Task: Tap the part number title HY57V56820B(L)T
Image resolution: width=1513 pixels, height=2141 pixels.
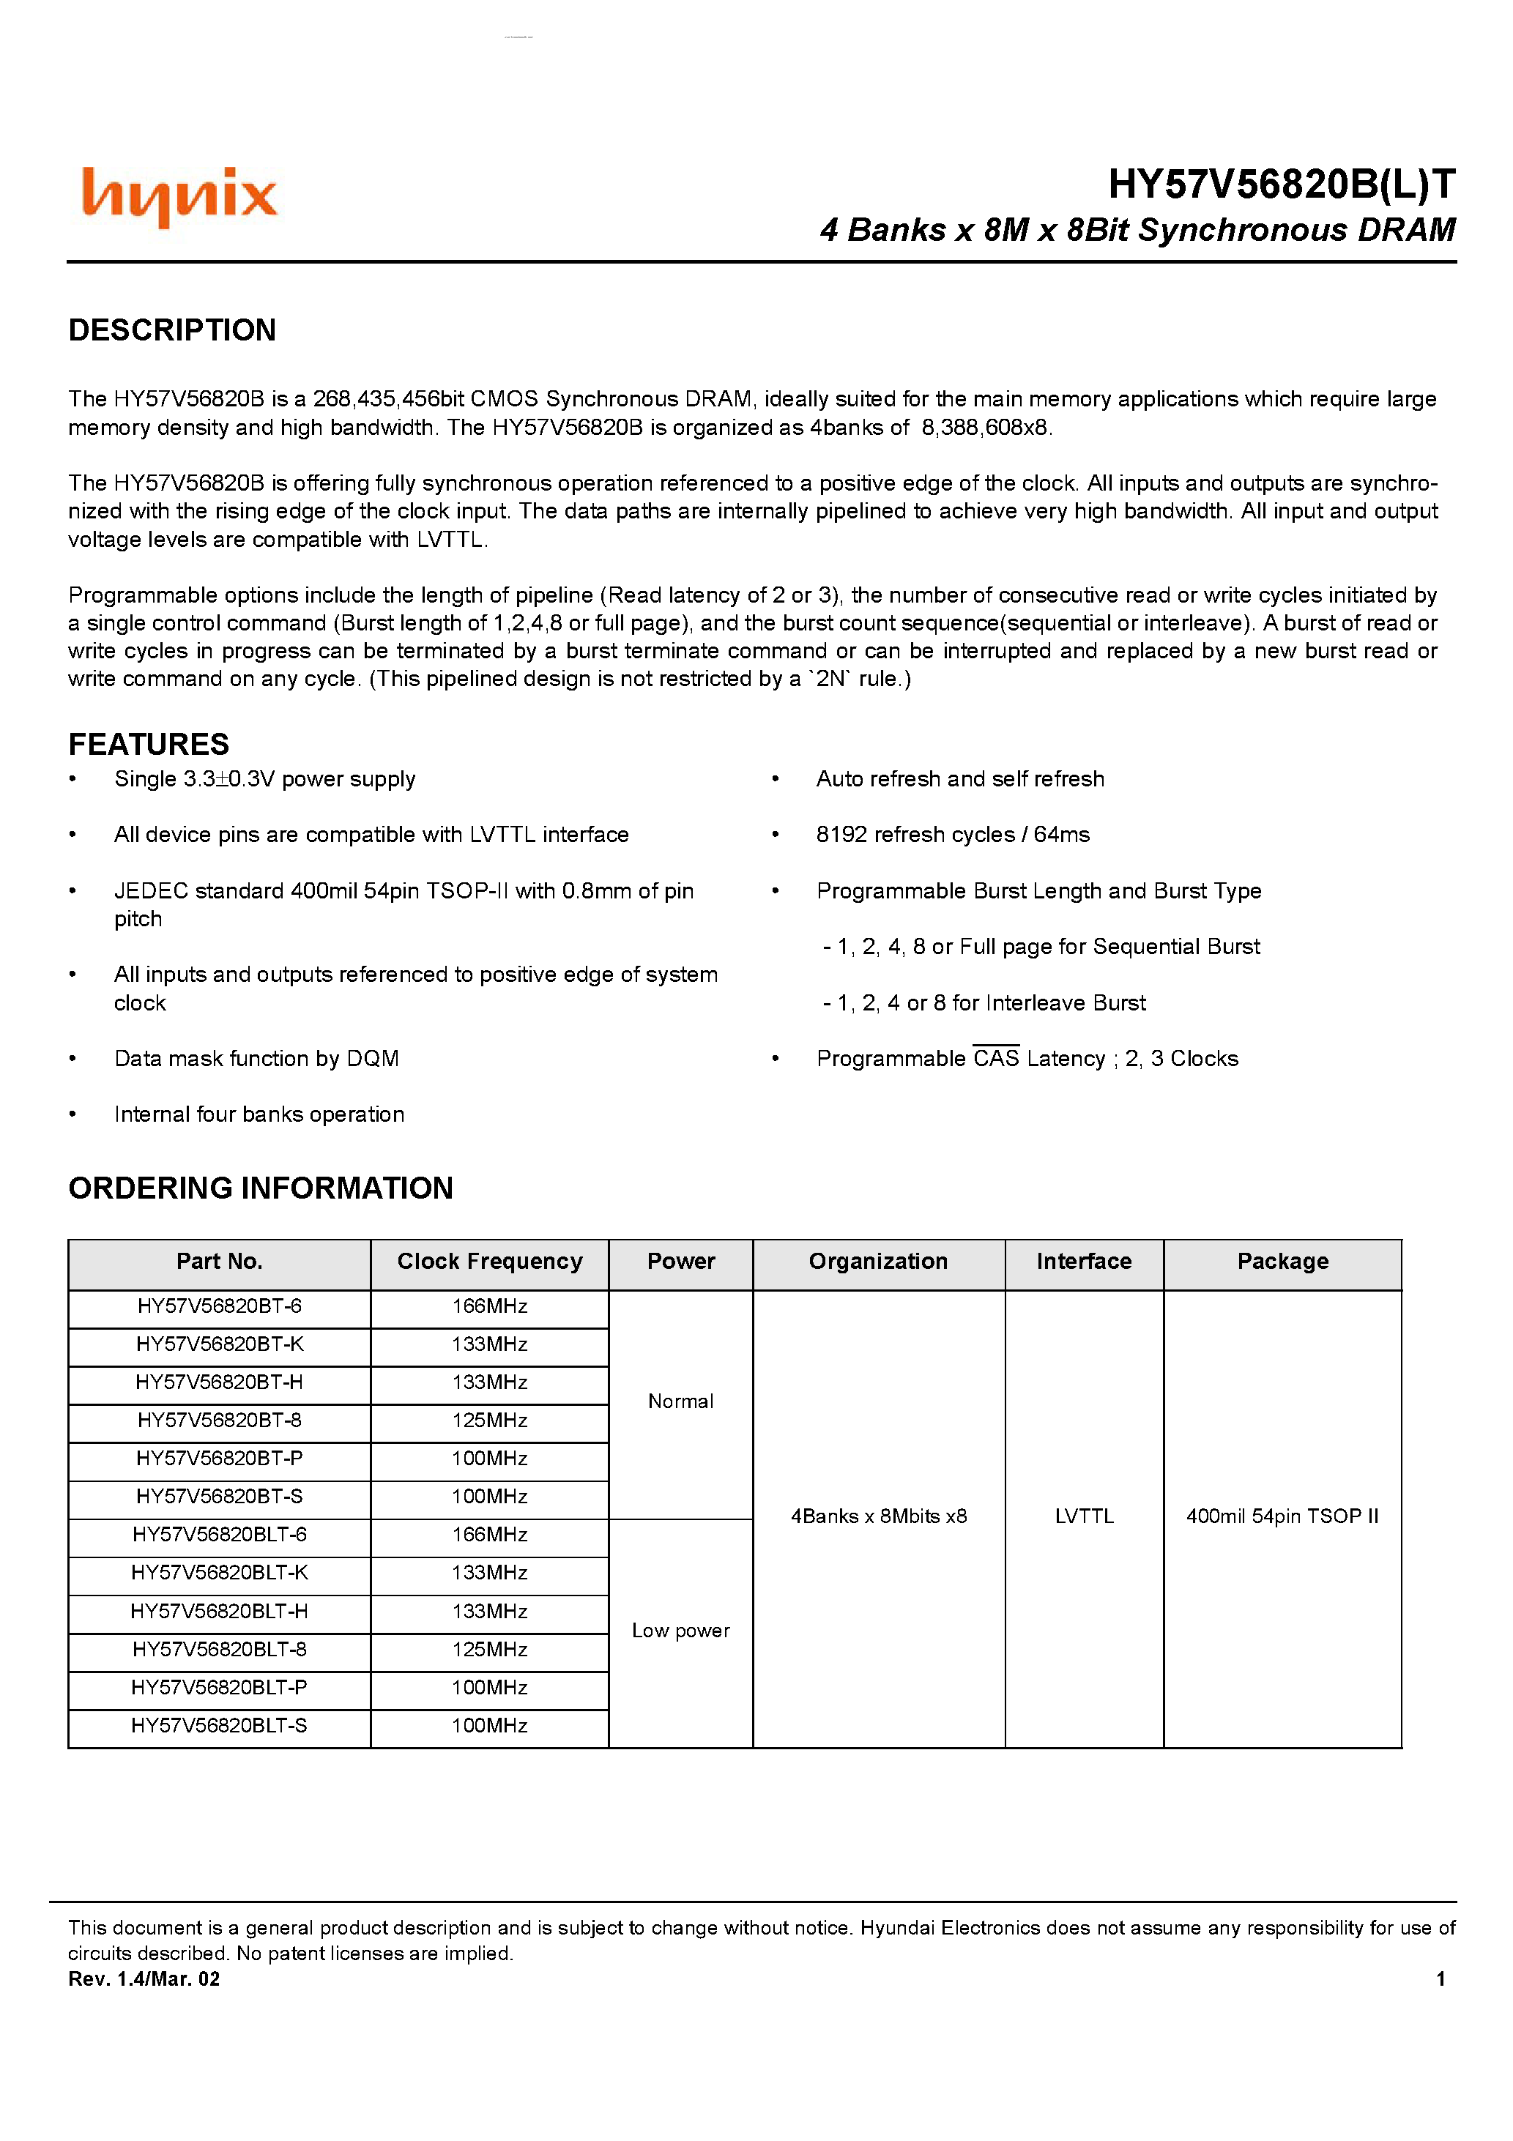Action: [x=1281, y=184]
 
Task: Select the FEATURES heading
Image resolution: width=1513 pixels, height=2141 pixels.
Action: [x=149, y=744]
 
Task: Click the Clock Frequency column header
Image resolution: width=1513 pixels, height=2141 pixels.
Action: [x=490, y=1262]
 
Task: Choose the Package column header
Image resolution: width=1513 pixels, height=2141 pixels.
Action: [x=1282, y=1262]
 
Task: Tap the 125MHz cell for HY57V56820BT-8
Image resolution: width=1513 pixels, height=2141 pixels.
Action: [x=490, y=1420]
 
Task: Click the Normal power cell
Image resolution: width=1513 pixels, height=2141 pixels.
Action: [x=680, y=1401]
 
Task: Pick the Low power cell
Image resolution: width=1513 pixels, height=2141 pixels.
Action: [x=680, y=1631]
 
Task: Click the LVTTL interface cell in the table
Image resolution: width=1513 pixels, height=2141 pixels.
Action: [x=1084, y=1516]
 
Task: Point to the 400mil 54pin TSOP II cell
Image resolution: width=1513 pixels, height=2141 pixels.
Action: [x=1282, y=1516]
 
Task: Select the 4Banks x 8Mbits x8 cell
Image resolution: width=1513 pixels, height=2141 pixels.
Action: [x=878, y=1516]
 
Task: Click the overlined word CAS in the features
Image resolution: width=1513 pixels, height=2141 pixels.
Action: [x=995, y=1058]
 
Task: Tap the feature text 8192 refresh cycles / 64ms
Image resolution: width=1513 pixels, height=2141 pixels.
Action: [x=952, y=835]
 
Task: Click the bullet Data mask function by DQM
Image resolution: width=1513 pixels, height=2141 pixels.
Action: [x=256, y=1058]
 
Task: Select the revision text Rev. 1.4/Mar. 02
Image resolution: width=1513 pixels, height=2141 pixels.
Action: [x=144, y=1978]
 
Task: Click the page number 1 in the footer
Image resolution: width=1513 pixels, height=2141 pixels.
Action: [x=1440, y=1978]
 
